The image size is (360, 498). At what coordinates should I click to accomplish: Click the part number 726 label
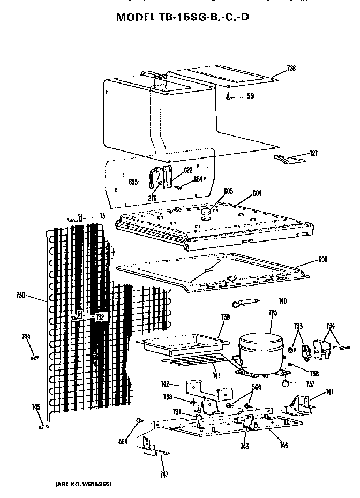click(x=291, y=68)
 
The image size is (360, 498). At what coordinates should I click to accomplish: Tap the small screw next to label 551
click(x=229, y=97)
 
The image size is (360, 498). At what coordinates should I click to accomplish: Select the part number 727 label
click(x=313, y=153)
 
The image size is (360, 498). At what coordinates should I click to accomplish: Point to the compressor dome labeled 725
click(x=261, y=348)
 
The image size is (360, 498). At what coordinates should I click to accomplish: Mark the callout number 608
click(x=322, y=259)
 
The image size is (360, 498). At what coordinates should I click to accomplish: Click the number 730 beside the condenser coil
click(x=20, y=295)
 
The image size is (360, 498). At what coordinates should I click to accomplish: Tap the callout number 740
click(x=282, y=301)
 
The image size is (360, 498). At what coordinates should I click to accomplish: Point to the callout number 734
click(x=331, y=326)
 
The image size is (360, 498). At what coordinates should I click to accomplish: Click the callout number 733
click(x=298, y=326)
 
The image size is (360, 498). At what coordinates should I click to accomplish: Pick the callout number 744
click(x=25, y=336)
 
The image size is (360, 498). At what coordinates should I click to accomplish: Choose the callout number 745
click(x=36, y=408)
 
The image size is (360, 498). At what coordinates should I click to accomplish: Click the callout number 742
click(x=165, y=384)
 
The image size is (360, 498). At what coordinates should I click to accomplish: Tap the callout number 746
click(x=283, y=446)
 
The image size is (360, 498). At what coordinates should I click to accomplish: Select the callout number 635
click(x=133, y=182)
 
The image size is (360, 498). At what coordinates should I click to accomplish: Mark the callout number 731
click(x=103, y=216)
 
